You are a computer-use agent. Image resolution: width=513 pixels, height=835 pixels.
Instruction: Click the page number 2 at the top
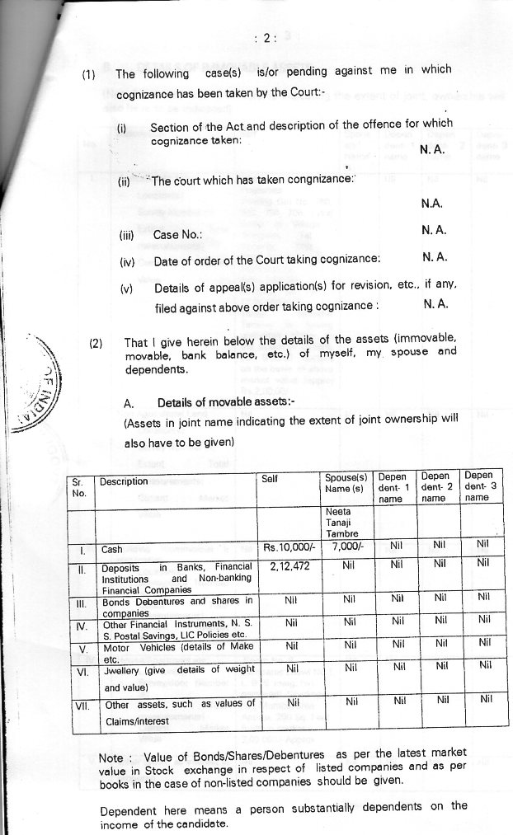tap(266, 37)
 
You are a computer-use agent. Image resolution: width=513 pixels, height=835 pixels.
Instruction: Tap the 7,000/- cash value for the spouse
tap(346, 547)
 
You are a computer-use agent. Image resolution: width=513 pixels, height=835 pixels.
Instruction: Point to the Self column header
tap(269, 479)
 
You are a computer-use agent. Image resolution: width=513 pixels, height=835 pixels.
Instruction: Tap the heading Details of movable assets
tap(220, 402)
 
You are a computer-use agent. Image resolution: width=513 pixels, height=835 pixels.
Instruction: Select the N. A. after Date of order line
tap(435, 258)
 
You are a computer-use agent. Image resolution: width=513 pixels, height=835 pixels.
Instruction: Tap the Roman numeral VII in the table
tap(80, 706)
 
